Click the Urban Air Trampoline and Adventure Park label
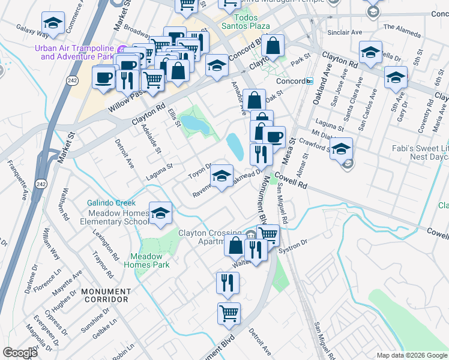pos(74,52)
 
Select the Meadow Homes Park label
pos(151,260)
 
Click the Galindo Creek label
pos(111,203)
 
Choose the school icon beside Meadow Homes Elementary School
pos(161,214)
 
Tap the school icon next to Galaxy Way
pos(53,25)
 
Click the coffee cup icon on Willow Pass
pos(103,77)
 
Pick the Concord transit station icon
pos(309,81)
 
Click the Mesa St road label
pos(292,148)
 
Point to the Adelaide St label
pos(150,139)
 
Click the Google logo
pos(20,353)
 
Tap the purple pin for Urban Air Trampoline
pos(123,49)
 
